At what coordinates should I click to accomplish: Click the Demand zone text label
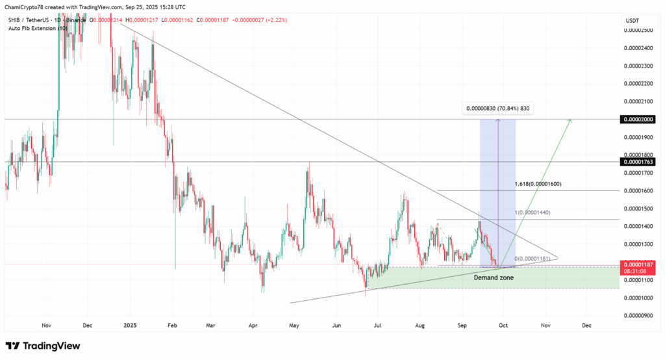pos(494,277)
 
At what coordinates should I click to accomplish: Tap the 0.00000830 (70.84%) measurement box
pos(497,109)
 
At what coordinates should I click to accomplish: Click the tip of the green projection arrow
pos(571,119)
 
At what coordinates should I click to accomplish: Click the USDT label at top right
pos(632,20)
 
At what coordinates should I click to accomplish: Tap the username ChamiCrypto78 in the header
pos(27,7)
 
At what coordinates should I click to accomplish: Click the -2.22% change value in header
pos(275,20)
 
